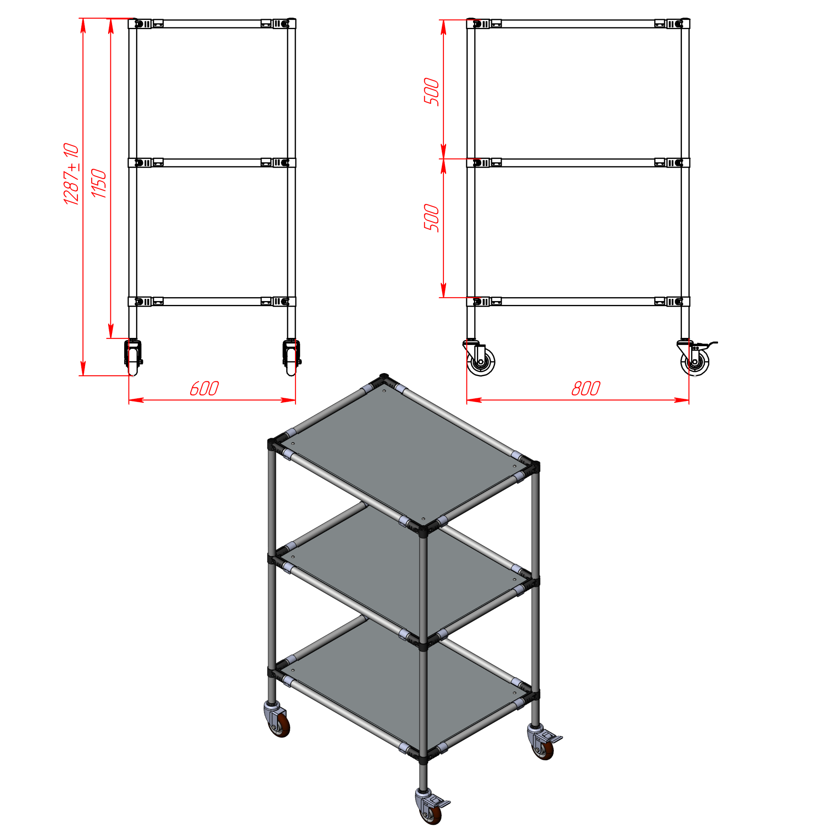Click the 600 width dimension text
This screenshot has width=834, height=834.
coord(204,388)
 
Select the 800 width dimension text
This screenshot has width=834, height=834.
coord(586,388)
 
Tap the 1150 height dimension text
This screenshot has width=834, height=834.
coord(99,183)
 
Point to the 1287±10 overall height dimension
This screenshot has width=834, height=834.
coord(71,173)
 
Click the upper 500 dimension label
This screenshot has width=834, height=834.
coord(432,92)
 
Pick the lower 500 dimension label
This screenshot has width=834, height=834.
coord(432,218)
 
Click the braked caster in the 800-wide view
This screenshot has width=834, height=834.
coord(696,358)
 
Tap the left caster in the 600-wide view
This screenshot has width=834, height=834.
coord(133,357)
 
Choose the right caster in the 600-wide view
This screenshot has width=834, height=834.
coord(291,357)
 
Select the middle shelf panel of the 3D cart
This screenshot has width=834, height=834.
coord(404,573)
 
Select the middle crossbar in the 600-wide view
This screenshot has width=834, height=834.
coord(212,162)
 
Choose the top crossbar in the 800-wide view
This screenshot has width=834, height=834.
coord(578,23)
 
